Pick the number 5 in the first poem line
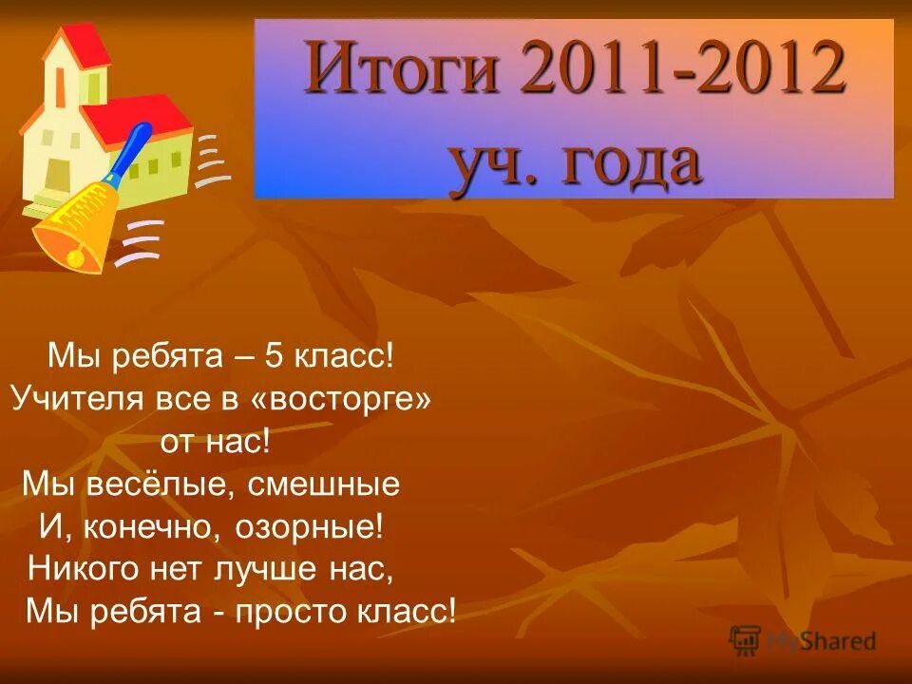pos(274,358)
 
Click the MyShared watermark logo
pos(803,640)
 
